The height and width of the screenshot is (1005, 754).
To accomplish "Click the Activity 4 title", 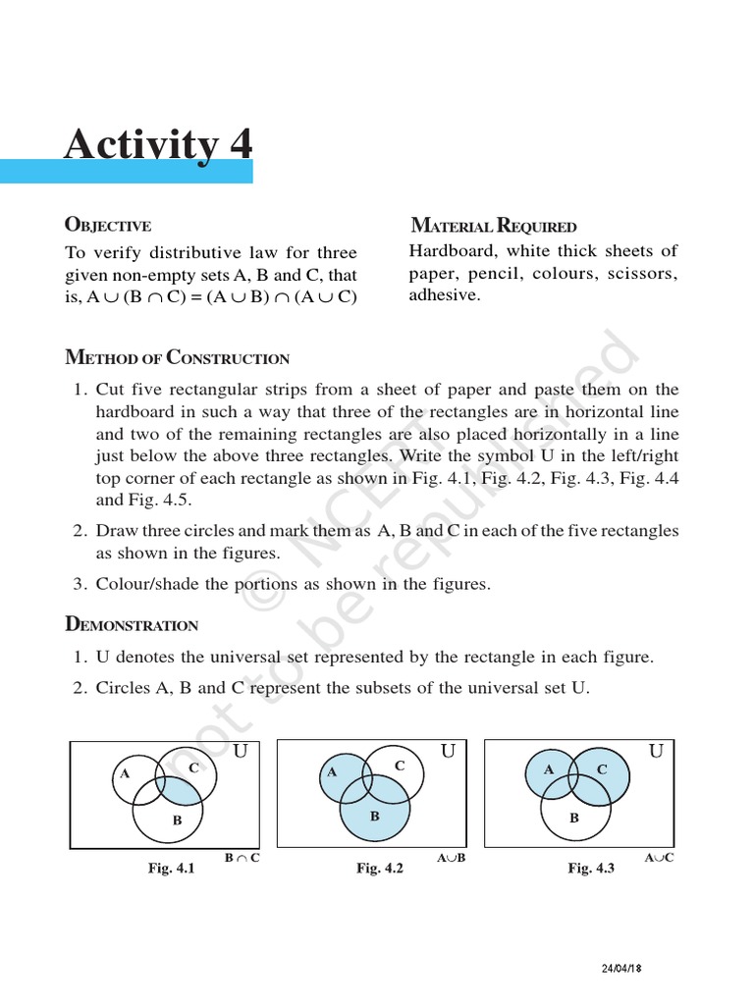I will (x=158, y=144).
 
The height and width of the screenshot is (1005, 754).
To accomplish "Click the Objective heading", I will (x=107, y=225).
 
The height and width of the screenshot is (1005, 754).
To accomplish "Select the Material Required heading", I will (x=493, y=226).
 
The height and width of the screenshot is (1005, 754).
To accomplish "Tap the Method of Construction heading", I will (x=177, y=357).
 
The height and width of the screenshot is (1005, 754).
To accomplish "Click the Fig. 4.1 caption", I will (x=171, y=869).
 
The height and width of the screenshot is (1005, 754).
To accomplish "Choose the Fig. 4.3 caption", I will (x=591, y=869).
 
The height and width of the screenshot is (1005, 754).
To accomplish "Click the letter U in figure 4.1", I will (x=240, y=752).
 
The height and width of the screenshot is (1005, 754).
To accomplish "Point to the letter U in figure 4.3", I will (x=657, y=752).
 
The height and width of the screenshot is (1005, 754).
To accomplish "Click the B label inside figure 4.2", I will (x=374, y=816).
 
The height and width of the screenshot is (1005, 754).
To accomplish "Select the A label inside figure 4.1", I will (x=125, y=773).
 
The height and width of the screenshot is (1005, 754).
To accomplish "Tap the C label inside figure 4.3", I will (x=601, y=770).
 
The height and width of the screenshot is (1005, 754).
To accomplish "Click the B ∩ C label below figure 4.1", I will (x=242, y=858).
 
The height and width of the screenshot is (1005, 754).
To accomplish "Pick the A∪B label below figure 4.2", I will (x=450, y=858).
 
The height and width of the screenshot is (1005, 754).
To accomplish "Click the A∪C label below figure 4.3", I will (x=659, y=858).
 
